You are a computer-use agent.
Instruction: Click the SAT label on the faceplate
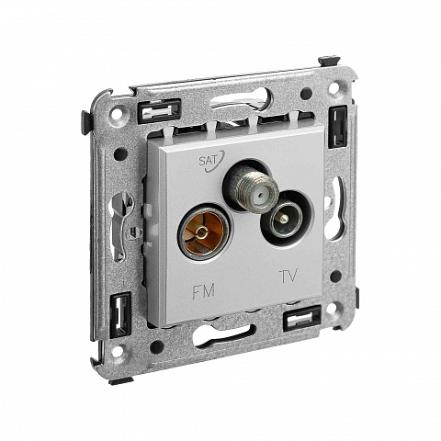208,161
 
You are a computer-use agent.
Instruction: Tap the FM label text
204,291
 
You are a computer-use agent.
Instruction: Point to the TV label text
288,276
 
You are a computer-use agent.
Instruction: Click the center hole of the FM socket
200,233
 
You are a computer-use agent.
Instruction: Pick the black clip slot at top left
159,110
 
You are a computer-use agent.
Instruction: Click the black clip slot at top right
338,127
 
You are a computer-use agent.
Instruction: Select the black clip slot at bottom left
120,314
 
